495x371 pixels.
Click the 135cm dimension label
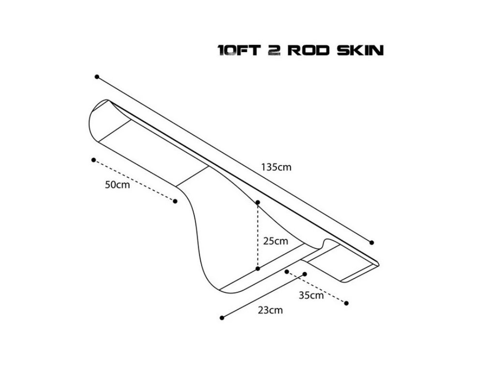point(277,168)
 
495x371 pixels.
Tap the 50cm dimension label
point(117,185)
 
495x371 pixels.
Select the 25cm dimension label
point(276,241)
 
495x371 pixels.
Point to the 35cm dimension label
point(311,296)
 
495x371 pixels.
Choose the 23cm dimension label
point(270,310)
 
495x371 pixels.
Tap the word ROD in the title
point(306,50)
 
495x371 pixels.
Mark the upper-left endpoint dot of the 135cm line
point(97,77)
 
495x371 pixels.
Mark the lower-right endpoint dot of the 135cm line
point(372,243)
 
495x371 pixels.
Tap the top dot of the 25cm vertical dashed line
point(258,202)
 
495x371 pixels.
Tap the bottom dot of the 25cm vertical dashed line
point(258,268)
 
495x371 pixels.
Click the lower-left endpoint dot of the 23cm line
point(222,317)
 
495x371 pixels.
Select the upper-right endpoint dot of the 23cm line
point(305,274)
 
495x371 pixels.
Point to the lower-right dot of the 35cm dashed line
point(347,303)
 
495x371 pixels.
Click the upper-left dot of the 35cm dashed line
point(287,271)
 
